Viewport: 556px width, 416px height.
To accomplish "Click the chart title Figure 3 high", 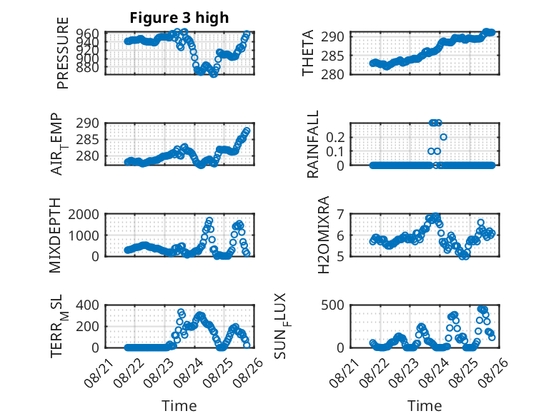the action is (x=179, y=18).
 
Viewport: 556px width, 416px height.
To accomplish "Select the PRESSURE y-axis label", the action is (x=62, y=53).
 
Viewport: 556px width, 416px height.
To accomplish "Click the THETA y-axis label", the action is (x=308, y=53).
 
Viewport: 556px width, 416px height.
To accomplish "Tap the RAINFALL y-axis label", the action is (x=313, y=144).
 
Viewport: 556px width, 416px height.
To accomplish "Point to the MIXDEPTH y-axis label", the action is (x=55, y=235).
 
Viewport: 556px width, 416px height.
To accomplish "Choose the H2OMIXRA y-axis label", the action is (x=324, y=235).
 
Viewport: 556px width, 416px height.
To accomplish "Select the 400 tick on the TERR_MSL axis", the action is (x=87, y=305).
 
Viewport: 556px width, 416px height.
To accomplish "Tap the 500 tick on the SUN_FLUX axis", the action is (x=332, y=305).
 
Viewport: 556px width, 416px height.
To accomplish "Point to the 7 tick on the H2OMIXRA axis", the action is (x=340, y=214).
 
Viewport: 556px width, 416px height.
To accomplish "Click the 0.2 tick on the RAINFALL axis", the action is (x=335, y=137).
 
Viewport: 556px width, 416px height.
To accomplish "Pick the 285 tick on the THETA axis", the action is (x=332, y=55).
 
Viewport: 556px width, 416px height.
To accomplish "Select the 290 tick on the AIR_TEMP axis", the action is (x=87, y=123).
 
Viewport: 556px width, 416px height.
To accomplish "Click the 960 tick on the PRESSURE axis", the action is (x=87, y=34).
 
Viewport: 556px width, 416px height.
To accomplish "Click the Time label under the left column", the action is (x=179, y=406).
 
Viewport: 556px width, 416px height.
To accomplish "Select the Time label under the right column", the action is (x=425, y=406).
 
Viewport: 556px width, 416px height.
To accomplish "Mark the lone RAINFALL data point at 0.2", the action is (x=443, y=137).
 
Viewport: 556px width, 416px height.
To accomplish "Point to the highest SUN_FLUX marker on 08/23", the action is (x=421, y=326).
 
